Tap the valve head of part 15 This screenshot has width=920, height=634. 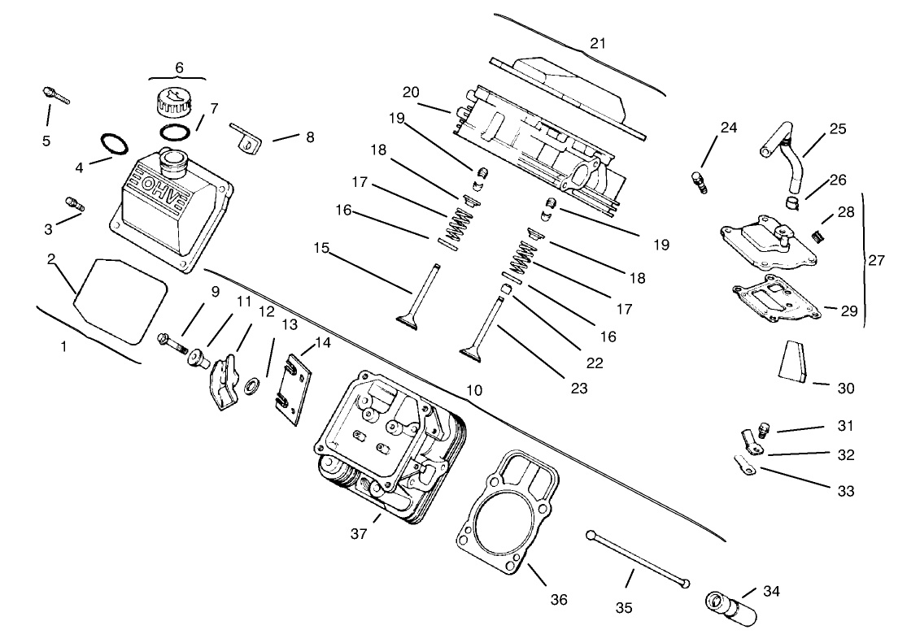click(x=409, y=320)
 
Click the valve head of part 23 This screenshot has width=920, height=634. click(x=472, y=351)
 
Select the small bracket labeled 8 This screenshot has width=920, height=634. click(x=246, y=137)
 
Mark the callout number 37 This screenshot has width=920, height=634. click(x=359, y=533)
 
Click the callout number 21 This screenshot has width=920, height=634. click(x=598, y=43)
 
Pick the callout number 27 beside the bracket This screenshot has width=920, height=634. click(x=876, y=260)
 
